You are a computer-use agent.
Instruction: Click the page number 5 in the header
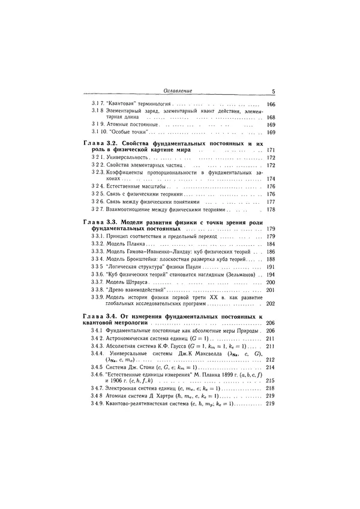coord(272,91)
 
